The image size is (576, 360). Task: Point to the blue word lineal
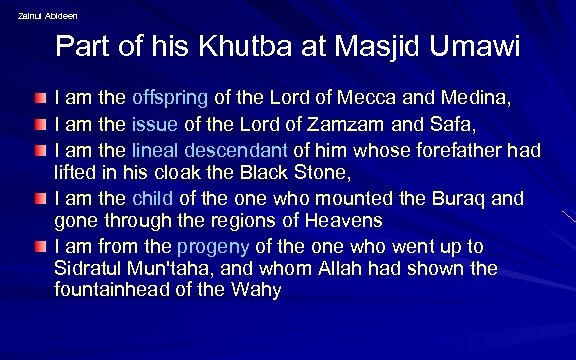tap(155, 150)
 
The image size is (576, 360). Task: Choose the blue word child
tap(152, 196)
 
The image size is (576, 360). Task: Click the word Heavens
tap(345, 220)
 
